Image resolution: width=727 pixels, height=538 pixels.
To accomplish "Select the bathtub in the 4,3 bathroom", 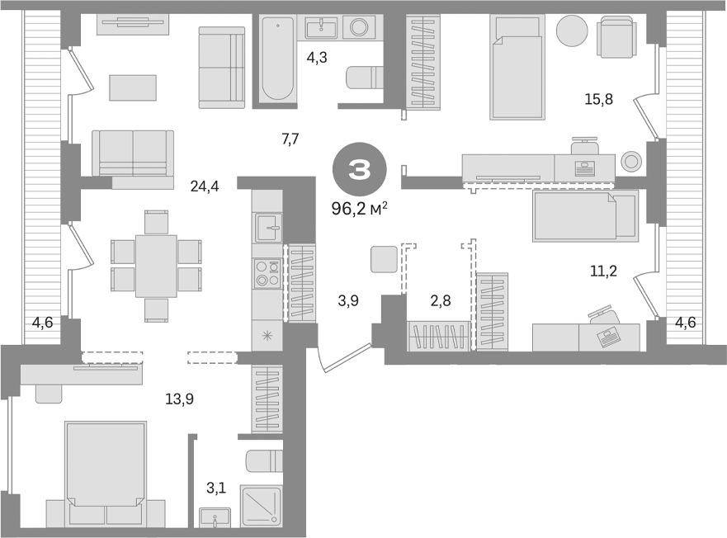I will point(277,59).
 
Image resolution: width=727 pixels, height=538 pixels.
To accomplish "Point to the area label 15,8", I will point(597,100).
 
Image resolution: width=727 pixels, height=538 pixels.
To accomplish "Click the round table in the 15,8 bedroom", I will point(572,31).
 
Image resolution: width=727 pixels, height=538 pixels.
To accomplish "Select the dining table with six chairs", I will point(156,266).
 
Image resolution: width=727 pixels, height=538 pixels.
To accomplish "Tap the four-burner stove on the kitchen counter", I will point(267,273).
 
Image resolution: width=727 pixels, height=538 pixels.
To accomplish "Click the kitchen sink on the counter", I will point(268,225).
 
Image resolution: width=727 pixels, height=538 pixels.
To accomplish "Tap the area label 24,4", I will point(204,186).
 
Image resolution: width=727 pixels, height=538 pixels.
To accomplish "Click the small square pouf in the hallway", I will point(385,259).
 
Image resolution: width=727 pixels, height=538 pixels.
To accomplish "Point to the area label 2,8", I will point(441,300).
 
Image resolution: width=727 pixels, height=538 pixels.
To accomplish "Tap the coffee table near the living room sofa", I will point(132,87).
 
